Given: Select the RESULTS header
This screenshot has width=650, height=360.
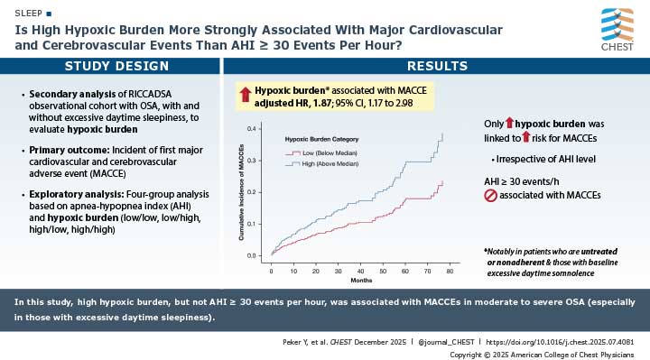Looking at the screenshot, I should [436, 66].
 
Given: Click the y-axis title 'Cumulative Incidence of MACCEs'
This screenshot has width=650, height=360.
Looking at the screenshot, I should [241, 193].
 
